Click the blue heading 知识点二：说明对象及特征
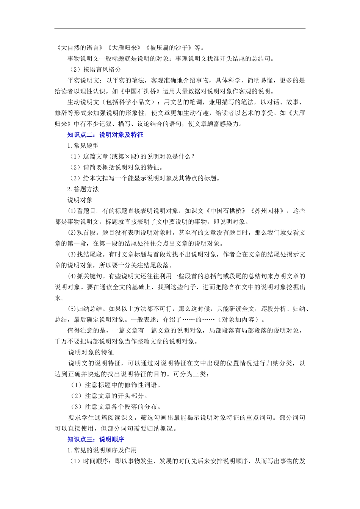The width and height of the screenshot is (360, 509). (105, 135)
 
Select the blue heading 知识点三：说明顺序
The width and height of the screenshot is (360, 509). (96, 439)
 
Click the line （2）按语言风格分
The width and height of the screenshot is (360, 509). (95, 69)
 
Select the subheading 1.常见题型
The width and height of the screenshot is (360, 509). (83, 146)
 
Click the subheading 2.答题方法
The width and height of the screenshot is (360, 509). (83, 189)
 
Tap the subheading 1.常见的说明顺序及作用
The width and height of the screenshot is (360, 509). (102, 450)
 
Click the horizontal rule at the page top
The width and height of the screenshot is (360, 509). (180, 29)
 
